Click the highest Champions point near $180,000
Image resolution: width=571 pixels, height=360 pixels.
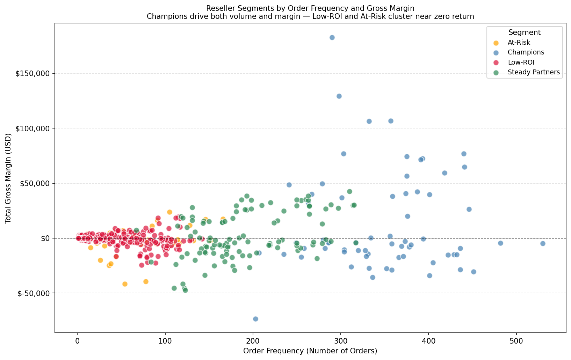pos(332,37)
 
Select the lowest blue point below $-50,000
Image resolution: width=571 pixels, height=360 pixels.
pos(255,319)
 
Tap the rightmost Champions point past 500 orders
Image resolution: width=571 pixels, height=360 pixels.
pos(543,243)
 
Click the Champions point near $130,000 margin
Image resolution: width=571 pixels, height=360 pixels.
pos(339,96)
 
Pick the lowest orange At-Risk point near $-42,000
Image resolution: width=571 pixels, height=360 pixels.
pos(125,284)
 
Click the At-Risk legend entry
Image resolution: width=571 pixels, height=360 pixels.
pos(519,43)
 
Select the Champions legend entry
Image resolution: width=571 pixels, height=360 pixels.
pos(526,52)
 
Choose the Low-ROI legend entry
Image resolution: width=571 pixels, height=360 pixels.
pos(521,62)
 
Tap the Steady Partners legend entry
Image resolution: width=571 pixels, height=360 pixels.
pos(534,72)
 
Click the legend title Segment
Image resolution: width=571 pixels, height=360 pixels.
pos(525,32)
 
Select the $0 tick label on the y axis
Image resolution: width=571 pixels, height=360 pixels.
pos(45,238)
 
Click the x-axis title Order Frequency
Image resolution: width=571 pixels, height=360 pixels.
pos(310,351)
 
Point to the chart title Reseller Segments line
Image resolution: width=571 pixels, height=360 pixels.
pos(310,8)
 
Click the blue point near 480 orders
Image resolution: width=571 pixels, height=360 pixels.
pos(500,243)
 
